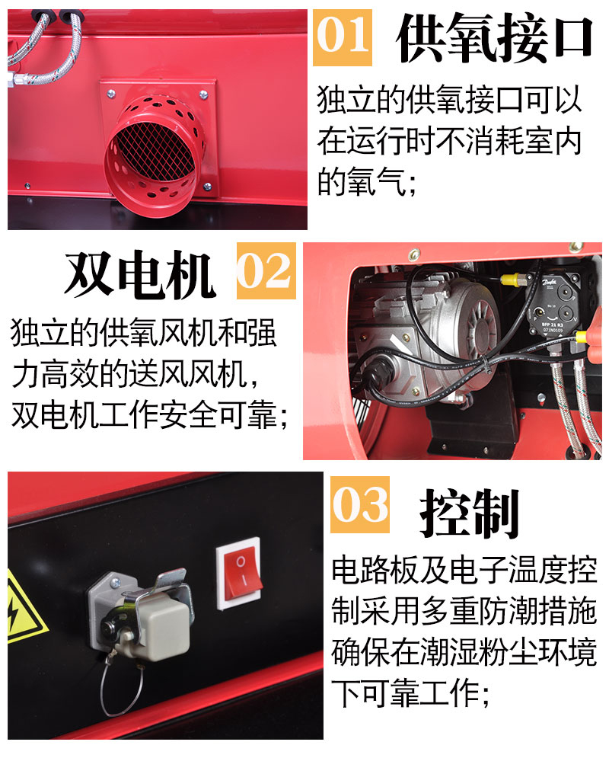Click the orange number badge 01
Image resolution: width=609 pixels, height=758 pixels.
(343, 37)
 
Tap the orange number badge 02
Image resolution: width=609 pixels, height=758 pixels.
(266, 270)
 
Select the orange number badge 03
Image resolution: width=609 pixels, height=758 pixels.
(360, 504)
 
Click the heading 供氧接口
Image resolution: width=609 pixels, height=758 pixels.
(494, 38)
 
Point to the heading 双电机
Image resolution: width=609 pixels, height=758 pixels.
(140, 274)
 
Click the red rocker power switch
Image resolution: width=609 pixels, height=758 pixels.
(240, 574)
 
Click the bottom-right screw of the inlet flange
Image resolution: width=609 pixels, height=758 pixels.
(207, 187)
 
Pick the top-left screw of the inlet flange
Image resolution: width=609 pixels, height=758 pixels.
(110, 93)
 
